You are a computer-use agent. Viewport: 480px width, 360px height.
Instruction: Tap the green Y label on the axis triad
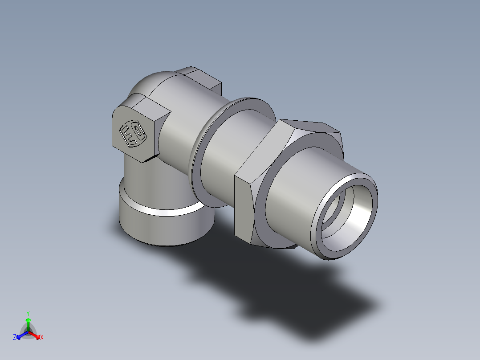click(28, 313)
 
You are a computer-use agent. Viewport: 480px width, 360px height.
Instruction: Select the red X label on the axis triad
click(42, 338)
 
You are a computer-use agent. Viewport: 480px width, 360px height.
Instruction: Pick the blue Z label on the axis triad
click(15, 338)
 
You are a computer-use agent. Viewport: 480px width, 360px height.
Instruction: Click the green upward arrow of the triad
click(28, 323)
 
